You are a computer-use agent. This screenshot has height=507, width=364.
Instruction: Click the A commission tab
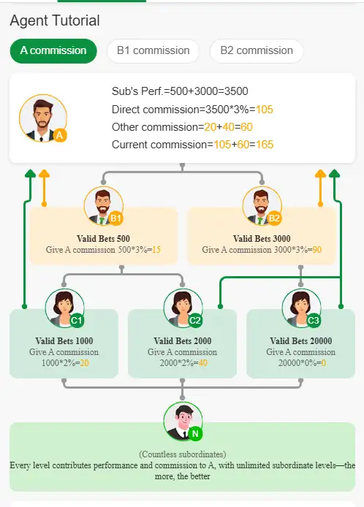pos(53,50)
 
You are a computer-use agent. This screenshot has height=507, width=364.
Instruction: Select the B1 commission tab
pos(153,50)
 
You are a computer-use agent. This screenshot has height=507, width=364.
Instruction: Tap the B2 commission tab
pos(257,50)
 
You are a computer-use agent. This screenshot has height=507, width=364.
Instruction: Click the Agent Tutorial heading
pos(55,20)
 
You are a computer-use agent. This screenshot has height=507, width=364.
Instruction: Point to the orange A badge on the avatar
pos(60,135)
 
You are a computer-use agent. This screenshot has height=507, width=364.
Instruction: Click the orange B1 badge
pos(115,218)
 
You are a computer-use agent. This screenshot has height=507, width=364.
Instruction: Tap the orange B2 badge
pos(274,218)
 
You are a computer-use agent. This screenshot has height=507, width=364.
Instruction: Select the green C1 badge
pos(76,321)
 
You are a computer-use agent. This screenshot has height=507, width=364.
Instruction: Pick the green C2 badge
pos(194,321)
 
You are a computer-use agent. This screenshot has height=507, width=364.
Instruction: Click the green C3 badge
pos(314,321)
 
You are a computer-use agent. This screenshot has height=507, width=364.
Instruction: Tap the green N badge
pos(195,434)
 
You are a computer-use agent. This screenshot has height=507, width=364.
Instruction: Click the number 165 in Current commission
pos(265,145)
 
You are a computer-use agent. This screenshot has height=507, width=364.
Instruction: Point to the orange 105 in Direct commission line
pos(265,110)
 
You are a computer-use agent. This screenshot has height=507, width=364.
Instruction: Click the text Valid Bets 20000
pos(301,341)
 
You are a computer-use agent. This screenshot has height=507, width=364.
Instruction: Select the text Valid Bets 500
pos(103,239)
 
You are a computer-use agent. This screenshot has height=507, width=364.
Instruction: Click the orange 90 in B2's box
pos(317,250)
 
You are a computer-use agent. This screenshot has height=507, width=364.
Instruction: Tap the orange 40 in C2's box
pos(203,363)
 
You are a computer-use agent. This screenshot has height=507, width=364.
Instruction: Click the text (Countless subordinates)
pos(183,454)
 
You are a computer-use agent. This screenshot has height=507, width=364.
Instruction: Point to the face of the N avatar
pos(183,419)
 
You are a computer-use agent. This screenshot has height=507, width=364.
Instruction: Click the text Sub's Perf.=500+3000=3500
pos(180,91)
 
